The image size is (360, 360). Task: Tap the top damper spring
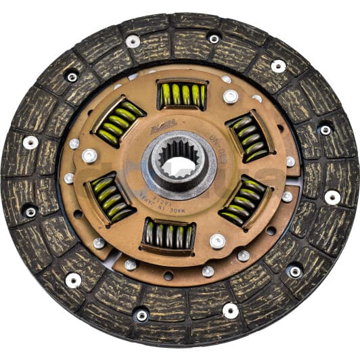click(x=182, y=95)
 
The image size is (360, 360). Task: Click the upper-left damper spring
click(x=118, y=122)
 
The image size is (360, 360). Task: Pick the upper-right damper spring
click(x=248, y=136)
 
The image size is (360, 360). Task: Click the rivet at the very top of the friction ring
click(x=214, y=39)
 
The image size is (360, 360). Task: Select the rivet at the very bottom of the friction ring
click(x=141, y=315)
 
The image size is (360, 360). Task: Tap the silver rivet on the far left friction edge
click(x=30, y=142)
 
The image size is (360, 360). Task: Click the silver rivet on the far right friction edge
click(x=332, y=197)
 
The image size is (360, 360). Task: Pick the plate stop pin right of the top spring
click(x=230, y=96)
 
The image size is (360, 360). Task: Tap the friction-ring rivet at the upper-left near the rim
click(x=72, y=76)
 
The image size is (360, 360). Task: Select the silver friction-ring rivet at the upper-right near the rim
click(x=278, y=66)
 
